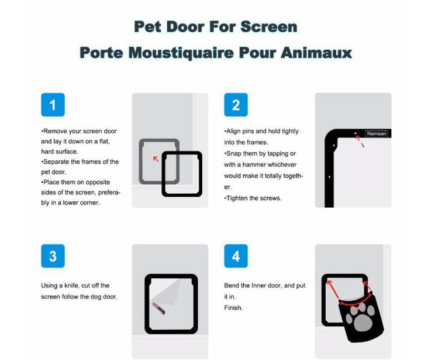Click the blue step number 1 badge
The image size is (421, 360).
(x=53, y=105)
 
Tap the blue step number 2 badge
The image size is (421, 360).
(x=236, y=105)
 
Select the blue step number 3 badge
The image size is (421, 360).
(x=53, y=256)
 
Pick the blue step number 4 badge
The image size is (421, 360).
(x=236, y=256)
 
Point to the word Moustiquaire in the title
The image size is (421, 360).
(x=181, y=53)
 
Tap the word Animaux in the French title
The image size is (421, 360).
(x=316, y=53)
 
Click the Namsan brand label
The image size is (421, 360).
(x=377, y=133)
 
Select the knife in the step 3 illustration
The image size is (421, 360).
(x=158, y=308)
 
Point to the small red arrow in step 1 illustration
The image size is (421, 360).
(x=156, y=159)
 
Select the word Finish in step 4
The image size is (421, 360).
(x=233, y=307)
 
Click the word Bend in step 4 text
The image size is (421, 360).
(x=231, y=286)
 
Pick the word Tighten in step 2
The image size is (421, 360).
(x=237, y=198)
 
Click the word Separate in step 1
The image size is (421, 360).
(x=56, y=162)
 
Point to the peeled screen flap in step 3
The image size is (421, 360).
(x=167, y=292)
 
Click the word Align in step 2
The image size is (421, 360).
(x=233, y=131)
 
